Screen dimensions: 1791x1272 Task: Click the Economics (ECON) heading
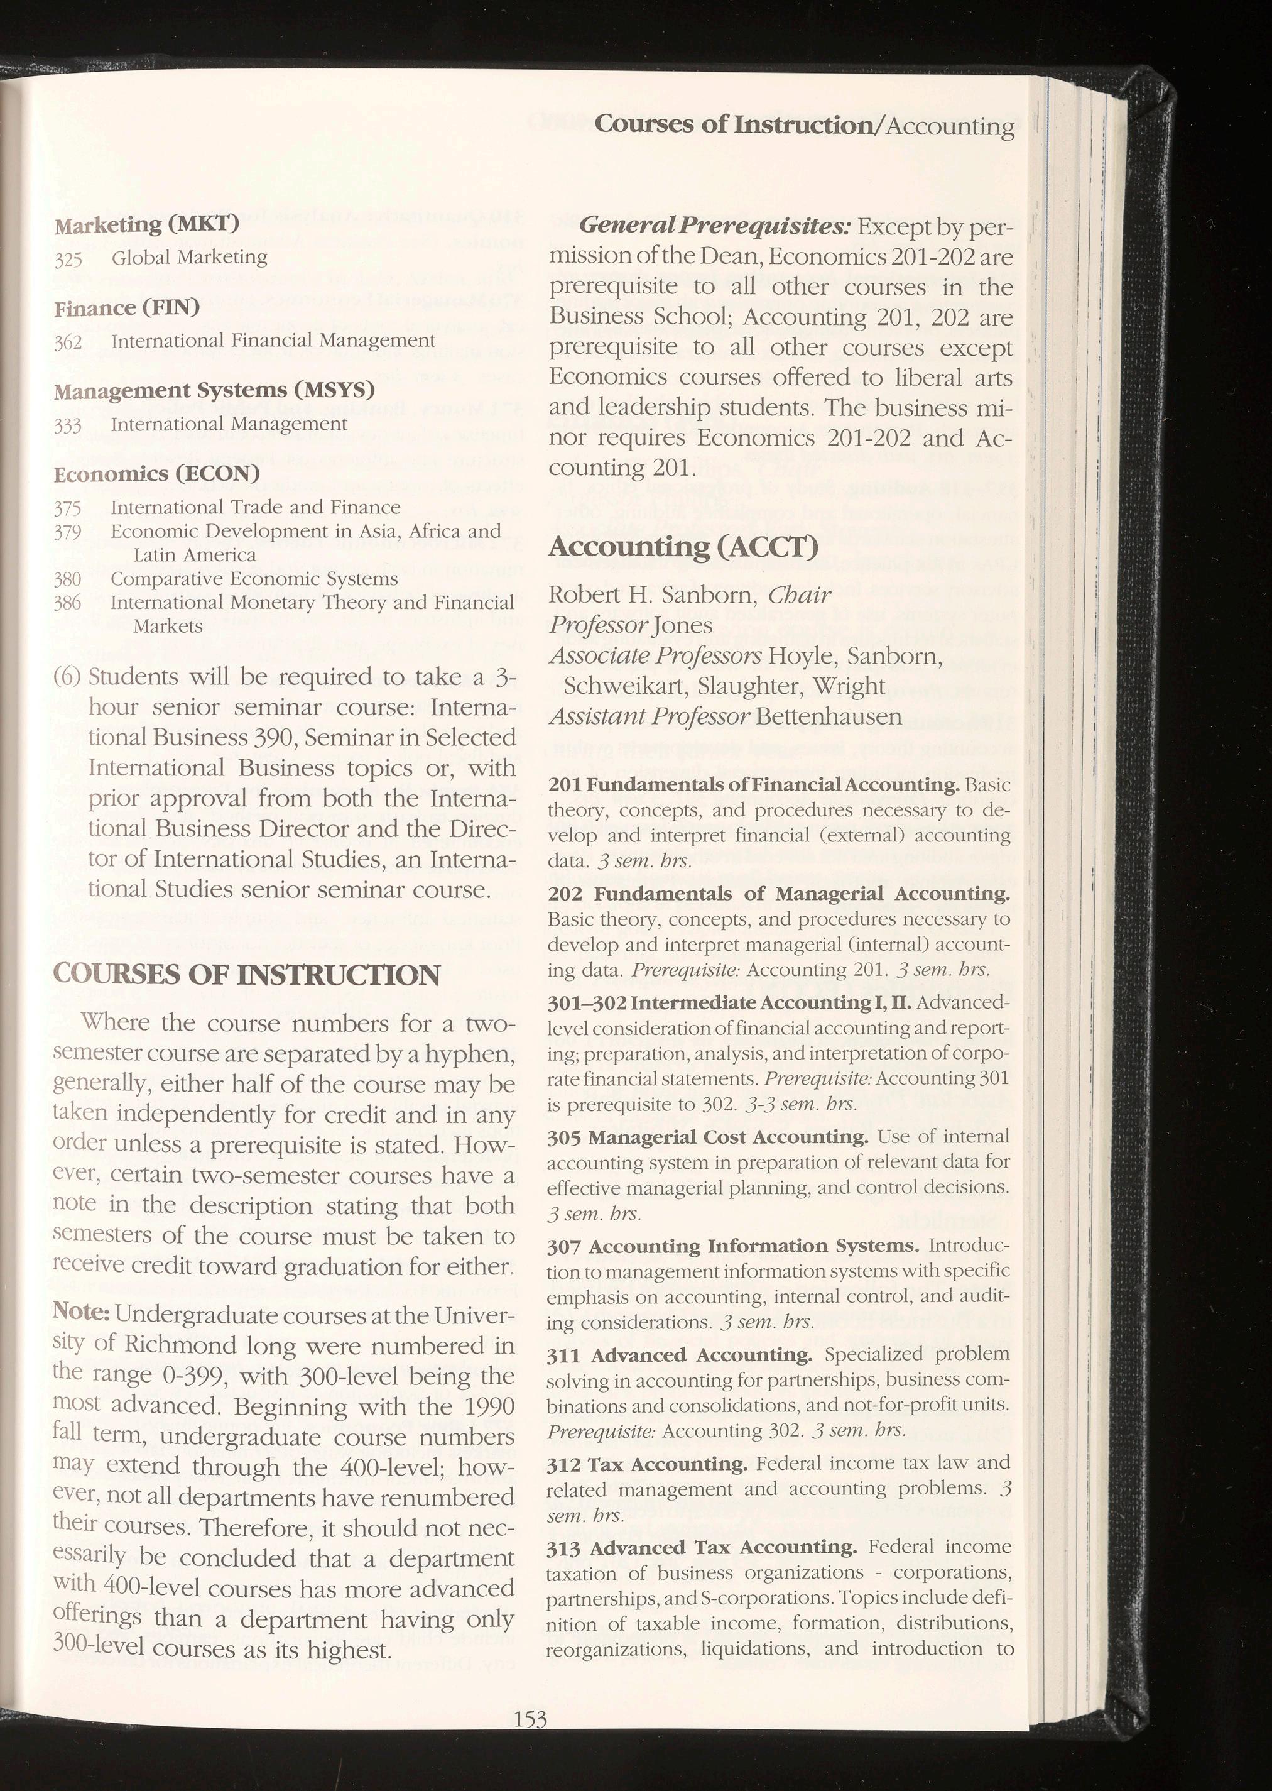[x=156, y=474]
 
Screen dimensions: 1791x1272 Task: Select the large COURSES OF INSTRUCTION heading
[x=247, y=975]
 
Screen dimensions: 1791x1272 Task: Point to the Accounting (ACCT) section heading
[x=683, y=546]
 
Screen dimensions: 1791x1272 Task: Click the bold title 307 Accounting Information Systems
[x=733, y=1246]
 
